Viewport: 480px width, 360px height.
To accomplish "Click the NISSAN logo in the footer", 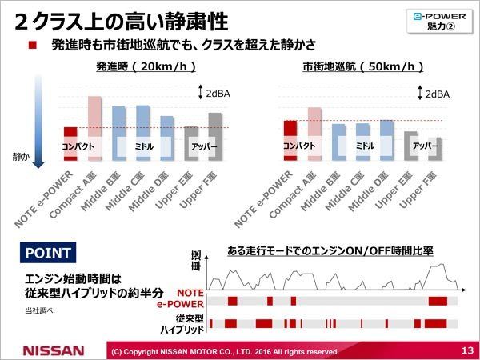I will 53,350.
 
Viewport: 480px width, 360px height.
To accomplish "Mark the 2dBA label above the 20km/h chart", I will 218,94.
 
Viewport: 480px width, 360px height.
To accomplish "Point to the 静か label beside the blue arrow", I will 20,158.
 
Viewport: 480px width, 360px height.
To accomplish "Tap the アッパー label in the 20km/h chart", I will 203,147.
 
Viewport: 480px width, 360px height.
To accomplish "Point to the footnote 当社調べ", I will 35,309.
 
